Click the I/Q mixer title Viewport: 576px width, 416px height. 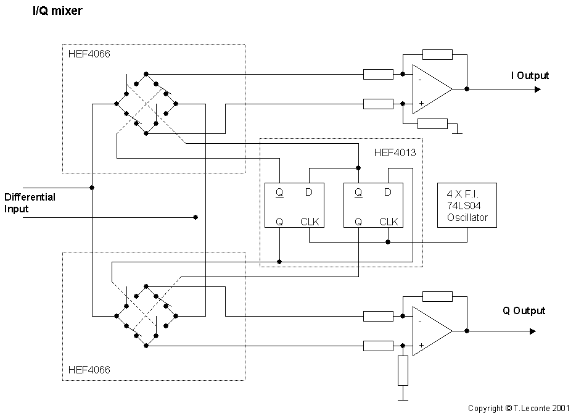[x=57, y=12]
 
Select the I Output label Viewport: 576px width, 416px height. [x=529, y=75]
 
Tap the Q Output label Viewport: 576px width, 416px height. [x=524, y=310]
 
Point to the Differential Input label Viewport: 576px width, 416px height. [x=30, y=203]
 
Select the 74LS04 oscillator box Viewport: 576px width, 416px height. [x=467, y=205]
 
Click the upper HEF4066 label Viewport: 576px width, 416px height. [x=89, y=54]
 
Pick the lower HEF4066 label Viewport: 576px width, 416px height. [x=89, y=370]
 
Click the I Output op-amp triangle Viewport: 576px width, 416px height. [x=430, y=89]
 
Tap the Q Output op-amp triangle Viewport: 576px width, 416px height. [x=430, y=331]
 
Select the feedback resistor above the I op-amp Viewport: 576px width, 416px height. [x=437, y=54]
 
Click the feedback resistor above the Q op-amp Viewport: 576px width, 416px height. [x=437, y=296]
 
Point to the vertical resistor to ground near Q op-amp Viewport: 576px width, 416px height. [x=403, y=370]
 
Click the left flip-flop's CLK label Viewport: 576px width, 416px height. [x=310, y=222]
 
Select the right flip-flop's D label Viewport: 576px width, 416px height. [x=387, y=192]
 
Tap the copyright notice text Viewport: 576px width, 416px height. [x=518, y=408]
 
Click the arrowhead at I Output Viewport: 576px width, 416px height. [x=538, y=89]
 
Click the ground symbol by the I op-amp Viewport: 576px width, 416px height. [x=456, y=131]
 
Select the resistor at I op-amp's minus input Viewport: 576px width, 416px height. [x=378, y=75]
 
